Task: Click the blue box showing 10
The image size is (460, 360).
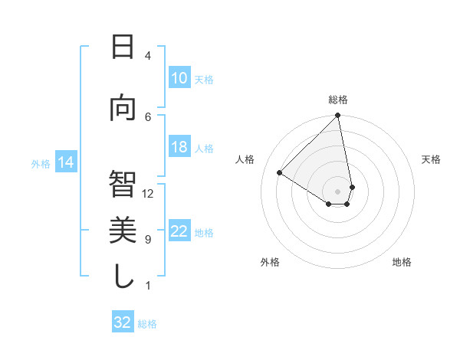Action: click(x=179, y=78)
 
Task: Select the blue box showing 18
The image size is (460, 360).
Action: click(x=179, y=147)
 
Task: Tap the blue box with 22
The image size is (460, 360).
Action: click(x=179, y=231)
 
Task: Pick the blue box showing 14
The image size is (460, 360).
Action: click(x=66, y=162)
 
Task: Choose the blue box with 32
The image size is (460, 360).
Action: click(x=123, y=322)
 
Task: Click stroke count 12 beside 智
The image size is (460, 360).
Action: click(x=148, y=193)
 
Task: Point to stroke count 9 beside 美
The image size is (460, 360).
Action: click(x=148, y=240)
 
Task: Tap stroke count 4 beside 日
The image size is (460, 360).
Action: click(x=148, y=56)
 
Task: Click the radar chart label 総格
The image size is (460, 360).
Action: click(x=338, y=100)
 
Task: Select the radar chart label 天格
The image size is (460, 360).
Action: click(x=432, y=159)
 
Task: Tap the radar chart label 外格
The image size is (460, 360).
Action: click(x=269, y=262)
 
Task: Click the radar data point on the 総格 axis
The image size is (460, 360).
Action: click(x=337, y=116)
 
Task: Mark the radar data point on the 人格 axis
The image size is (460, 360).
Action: click(x=280, y=172)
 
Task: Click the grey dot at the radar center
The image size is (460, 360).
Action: click(x=337, y=191)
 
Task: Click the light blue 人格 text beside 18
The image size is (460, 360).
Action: click(x=204, y=148)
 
